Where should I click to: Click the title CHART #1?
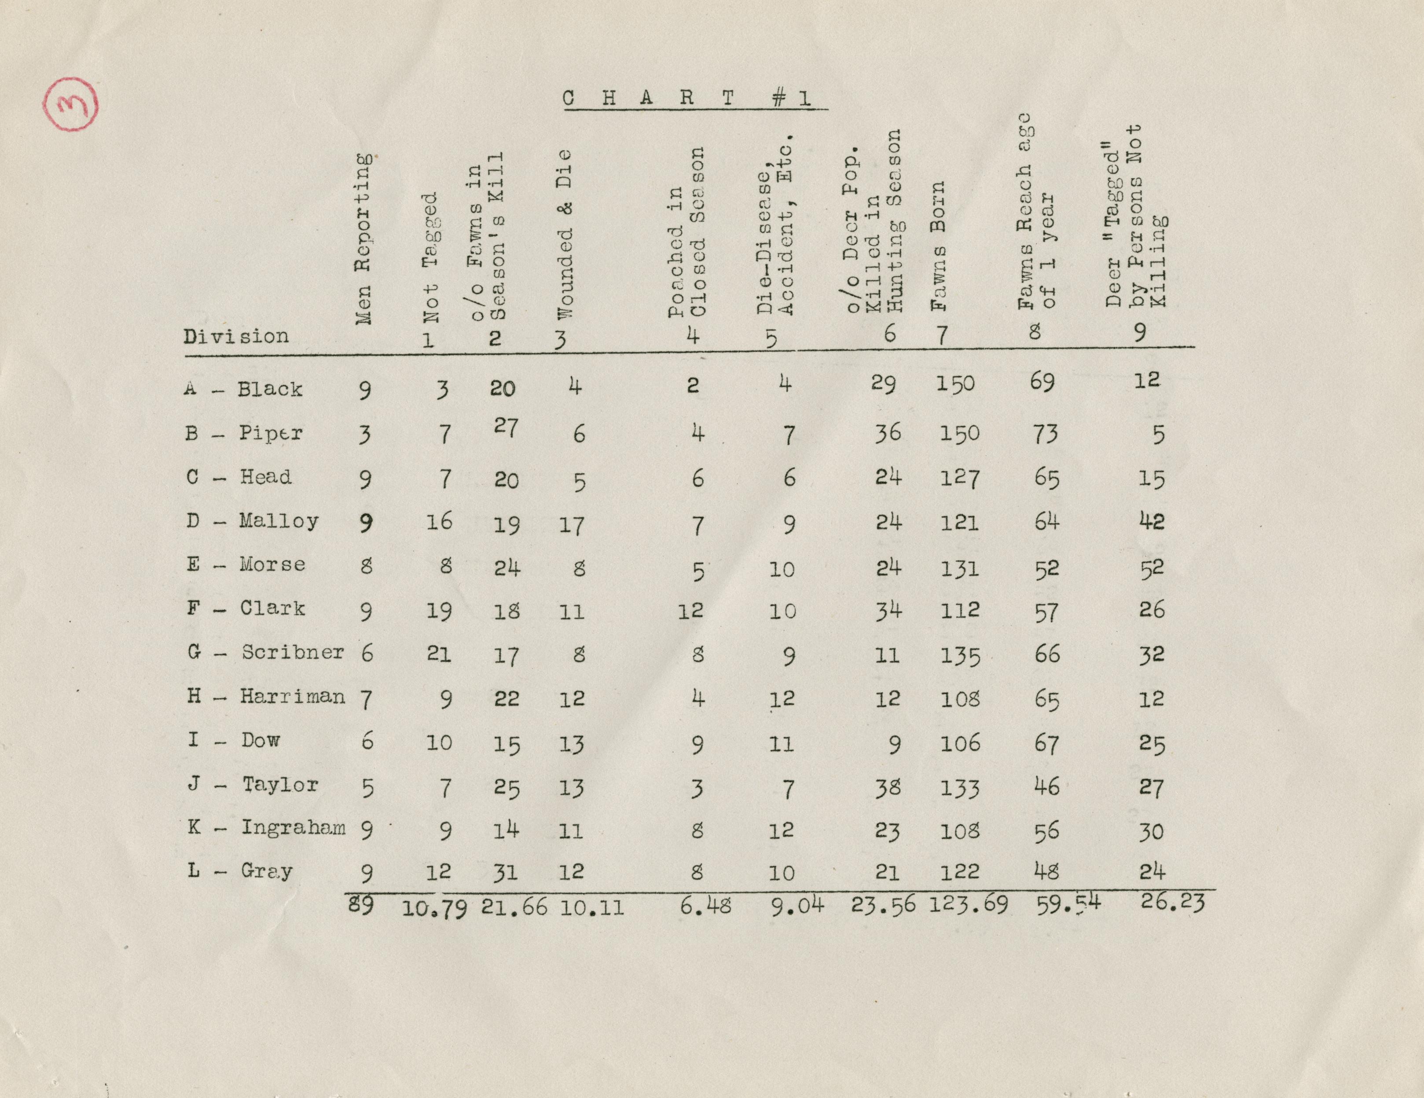(688, 99)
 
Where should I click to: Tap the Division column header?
(235, 337)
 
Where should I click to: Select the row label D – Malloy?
(252, 521)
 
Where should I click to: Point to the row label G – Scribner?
(265, 653)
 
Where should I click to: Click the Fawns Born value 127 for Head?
(959, 478)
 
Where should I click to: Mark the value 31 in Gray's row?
(505, 872)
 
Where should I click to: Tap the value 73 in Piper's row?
(1045, 433)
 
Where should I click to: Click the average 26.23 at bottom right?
(1172, 903)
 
